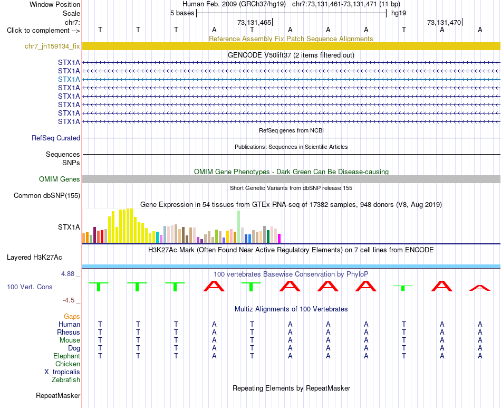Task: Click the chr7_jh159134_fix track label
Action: (x=52, y=46)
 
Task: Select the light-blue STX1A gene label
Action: (x=69, y=79)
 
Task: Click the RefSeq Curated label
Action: (x=56, y=138)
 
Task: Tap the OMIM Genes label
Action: (x=60, y=179)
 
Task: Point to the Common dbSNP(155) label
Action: (x=47, y=196)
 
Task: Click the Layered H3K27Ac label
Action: (x=34, y=258)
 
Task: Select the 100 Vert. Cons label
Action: (x=30, y=287)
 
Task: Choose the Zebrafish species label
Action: (x=66, y=380)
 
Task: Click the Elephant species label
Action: (x=67, y=356)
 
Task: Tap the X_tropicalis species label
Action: (x=62, y=372)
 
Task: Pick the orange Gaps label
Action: (x=72, y=317)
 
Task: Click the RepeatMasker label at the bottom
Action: (x=58, y=396)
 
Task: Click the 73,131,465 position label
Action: (x=254, y=22)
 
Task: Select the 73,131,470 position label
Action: (x=444, y=22)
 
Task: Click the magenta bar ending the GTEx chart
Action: (x=280, y=239)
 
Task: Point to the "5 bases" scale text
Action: (x=182, y=13)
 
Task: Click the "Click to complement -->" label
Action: (x=43, y=31)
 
